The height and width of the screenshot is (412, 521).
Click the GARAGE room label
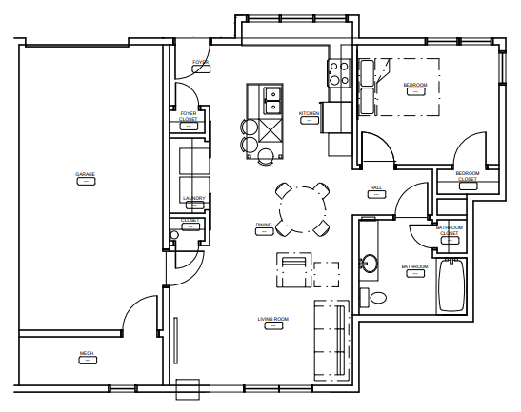(x=85, y=174)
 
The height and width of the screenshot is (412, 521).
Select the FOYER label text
(x=200, y=63)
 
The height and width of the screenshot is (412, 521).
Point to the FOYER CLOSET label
(x=189, y=115)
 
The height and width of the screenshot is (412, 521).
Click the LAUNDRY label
(x=193, y=198)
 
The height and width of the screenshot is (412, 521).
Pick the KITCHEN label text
(x=309, y=113)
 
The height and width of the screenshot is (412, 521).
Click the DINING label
(x=264, y=225)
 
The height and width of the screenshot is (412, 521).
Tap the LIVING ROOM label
(x=273, y=319)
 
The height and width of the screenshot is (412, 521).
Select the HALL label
(x=375, y=187)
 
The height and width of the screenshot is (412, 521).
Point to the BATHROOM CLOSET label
(x=449, y=229)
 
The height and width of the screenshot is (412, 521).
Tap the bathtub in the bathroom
(x=450, y=286)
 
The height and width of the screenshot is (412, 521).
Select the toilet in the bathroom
(x=378, y=298)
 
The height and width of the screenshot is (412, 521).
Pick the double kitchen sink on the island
(x=271, y=96)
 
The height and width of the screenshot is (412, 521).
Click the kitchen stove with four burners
(x=339, y=71)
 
